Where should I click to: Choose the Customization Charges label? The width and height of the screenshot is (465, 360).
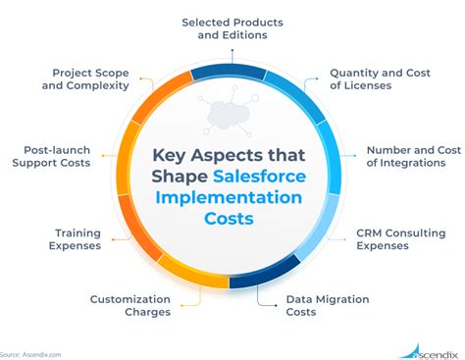pos(130,306)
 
